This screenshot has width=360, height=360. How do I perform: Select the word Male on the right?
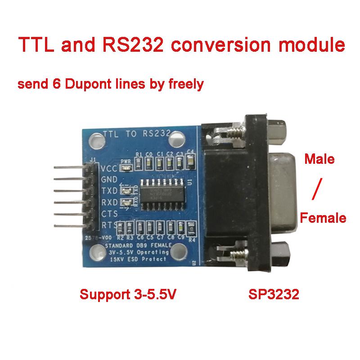319,159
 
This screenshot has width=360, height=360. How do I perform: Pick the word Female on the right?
323,219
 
